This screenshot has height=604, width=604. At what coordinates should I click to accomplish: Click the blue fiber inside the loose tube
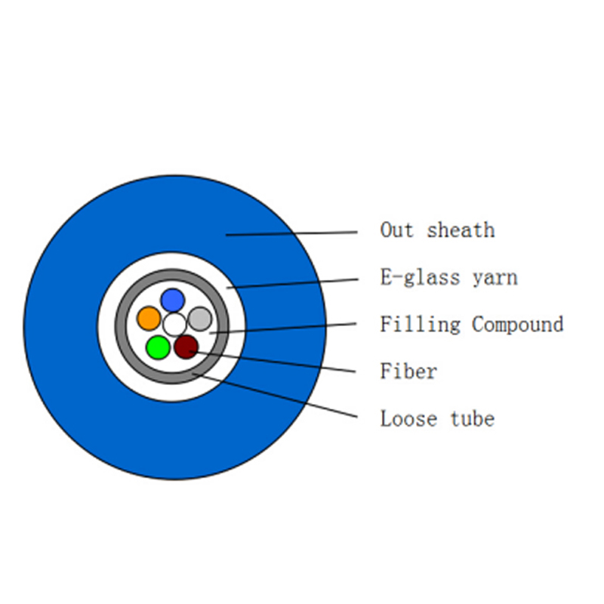pos(173,300)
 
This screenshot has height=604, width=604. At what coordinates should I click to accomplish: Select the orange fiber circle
pos(149,318)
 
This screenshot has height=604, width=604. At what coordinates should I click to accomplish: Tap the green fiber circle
pos(158,347)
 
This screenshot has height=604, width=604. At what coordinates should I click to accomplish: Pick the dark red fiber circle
pos(186,347)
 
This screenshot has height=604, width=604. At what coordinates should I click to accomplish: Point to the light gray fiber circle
pos(200,319)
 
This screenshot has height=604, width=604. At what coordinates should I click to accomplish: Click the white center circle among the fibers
pos(174,325)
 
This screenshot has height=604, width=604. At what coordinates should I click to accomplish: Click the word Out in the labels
pos(397,230)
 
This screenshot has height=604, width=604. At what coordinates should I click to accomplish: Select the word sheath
pos(461,230)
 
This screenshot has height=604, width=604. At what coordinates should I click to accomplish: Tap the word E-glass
pos(421,277)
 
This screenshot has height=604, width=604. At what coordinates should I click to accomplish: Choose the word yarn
pos(495,278)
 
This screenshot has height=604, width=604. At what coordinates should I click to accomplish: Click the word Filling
pos(421,325)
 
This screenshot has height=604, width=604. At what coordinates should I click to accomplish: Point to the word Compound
pos(518,325)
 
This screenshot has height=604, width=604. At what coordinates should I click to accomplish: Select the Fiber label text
pos(408,371)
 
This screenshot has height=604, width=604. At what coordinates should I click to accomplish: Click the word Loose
pos(408,419)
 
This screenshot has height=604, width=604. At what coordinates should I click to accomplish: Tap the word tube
pos(473,419)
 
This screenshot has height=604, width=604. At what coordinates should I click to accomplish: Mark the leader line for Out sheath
pos(291,233)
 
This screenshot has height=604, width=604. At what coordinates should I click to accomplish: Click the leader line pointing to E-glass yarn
pos(293,284)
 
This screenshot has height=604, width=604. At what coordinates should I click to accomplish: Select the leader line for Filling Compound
pos(282,328)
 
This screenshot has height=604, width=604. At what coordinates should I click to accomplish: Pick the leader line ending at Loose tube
pos(275,395)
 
